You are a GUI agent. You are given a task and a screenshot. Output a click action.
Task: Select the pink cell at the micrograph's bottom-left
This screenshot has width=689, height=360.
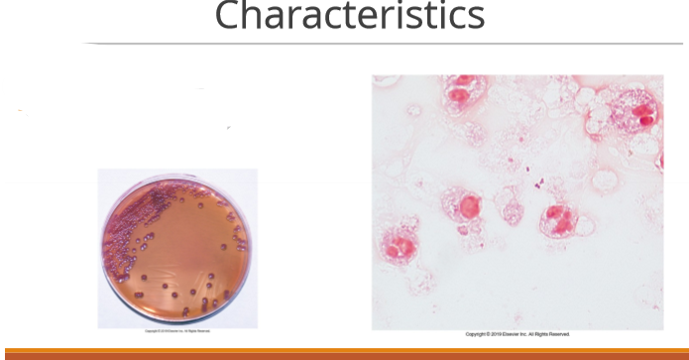399,246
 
